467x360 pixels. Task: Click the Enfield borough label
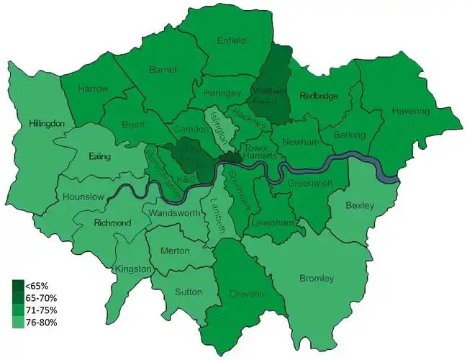(232, 41)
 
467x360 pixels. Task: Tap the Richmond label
(112, 223)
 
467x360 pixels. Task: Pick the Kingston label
(133, 269)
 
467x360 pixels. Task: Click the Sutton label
(188, 293)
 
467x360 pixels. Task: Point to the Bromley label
(316, 278)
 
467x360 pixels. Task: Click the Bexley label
(360, 206)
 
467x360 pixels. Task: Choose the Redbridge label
(318, 96)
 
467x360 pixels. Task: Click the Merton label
(176, 251)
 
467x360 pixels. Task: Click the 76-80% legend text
(42, 322)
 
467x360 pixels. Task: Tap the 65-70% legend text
(42, 297)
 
